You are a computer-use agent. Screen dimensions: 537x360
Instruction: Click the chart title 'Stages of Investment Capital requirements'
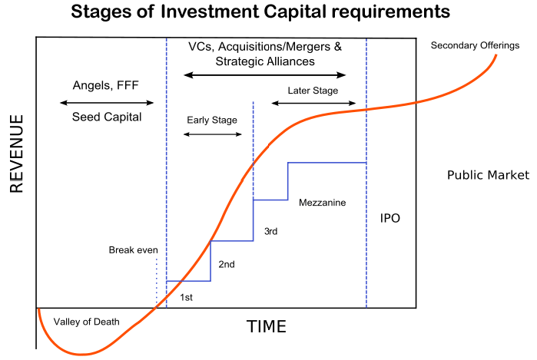[260, 12]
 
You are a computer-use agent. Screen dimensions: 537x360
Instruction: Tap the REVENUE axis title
[16, 154]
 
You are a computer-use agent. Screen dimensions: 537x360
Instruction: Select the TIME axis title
[266, 326]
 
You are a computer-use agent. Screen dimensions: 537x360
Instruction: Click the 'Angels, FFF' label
[105, 85]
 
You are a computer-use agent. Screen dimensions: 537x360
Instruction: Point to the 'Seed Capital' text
[107, 117]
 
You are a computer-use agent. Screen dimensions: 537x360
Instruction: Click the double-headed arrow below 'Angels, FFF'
[107, 102]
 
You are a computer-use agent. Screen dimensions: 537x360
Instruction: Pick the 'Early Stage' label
[212, 120]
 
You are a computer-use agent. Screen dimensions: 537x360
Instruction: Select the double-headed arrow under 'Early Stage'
[213, 134]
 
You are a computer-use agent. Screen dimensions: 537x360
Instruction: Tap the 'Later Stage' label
[313, 91]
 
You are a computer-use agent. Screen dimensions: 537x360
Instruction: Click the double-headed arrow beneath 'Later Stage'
[313, 103]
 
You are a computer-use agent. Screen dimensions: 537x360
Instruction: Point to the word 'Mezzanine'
[322, 203]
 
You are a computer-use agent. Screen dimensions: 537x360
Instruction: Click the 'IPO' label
[390, 218]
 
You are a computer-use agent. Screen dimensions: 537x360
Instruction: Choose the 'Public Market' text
[488, 175]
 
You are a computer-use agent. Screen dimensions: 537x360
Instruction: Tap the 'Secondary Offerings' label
[475, 45]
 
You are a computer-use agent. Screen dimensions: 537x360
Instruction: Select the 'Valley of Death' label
[86, 322]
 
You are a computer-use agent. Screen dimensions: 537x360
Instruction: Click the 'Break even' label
[133, 250]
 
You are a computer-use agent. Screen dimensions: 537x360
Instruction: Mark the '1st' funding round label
[187, 297]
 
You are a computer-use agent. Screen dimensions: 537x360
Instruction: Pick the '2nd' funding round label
[227, 264]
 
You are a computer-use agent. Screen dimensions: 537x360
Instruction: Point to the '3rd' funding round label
[270, 231]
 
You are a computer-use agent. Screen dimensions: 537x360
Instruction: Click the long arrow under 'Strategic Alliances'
[265, 75]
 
